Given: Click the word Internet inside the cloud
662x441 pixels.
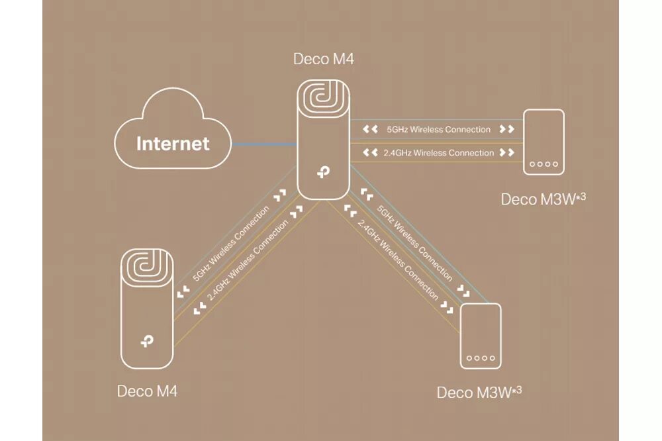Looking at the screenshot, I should (x=173, y=144).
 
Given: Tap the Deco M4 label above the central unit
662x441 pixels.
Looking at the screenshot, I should (x=323, y=59).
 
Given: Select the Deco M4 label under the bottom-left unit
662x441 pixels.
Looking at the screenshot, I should (x=147, y=391).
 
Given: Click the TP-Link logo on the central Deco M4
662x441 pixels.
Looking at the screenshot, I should (x=323, y=171).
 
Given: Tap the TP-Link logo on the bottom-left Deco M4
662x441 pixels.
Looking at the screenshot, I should (x=147, y=342).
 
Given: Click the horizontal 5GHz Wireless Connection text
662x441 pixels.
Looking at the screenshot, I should (x=438, y=130).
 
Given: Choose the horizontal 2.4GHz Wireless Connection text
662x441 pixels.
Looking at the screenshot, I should (x=438, y=153).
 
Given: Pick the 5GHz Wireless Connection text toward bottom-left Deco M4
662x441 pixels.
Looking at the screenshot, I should (x=231, y=244).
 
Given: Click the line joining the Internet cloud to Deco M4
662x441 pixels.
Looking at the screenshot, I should (x=263, y=144).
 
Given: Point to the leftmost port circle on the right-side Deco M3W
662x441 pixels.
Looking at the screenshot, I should (x=532, y=164).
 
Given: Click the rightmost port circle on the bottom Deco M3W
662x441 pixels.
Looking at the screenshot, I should (x=492, y=358).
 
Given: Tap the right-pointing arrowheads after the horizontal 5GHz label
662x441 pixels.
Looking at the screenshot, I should (x=506, y=130).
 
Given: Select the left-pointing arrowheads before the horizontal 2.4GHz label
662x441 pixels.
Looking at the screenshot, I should (x=371, y=153).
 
